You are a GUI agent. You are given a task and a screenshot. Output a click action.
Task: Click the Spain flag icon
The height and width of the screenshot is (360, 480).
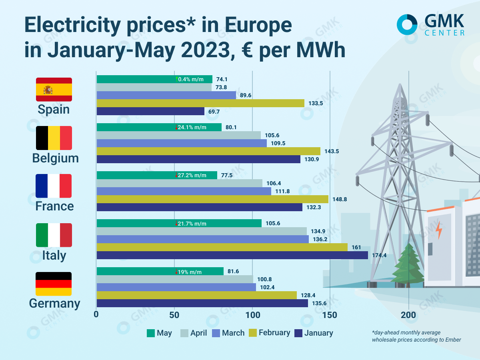(x=54, y=90)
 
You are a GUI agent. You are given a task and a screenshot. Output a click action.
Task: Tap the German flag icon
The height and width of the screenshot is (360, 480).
(x=54, y=284)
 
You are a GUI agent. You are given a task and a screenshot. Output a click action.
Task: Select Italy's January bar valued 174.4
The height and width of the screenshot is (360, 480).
(x=232, y=255)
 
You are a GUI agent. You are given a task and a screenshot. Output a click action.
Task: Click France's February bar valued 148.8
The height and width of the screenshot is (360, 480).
(x=212, y=199)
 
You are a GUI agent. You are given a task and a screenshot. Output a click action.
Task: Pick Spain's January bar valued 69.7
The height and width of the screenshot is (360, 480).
(x=150, y=111)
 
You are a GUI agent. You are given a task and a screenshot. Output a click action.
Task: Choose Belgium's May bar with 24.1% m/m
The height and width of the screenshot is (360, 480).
(x=159, y=127)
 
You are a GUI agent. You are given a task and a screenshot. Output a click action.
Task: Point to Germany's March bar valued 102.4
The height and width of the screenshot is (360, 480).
(x=176, y=287)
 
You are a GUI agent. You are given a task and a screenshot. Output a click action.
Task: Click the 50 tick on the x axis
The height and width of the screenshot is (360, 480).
(x=174, y=314)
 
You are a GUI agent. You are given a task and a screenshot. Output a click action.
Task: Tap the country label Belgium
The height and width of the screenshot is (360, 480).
(x=55, y=158)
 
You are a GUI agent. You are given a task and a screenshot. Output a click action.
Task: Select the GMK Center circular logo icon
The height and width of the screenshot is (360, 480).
(x=407, y=24)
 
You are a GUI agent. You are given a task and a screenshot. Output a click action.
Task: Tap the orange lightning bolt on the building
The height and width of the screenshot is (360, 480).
(x=439, y=230)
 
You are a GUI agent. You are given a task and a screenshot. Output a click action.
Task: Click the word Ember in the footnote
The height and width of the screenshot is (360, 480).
(x=453, y=340)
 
